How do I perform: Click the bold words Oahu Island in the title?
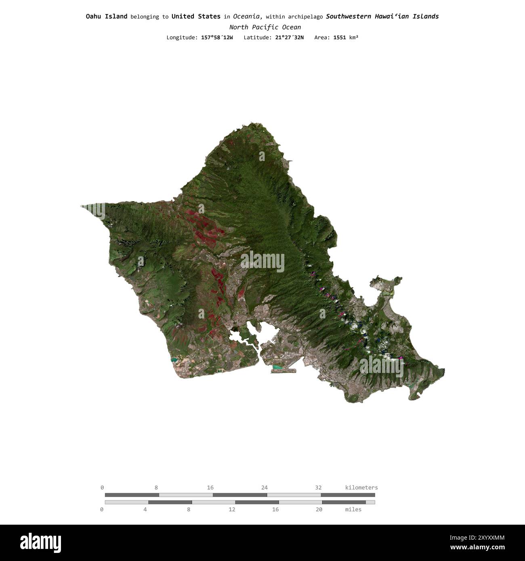(x=106, y=17)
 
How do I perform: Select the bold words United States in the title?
(x=196, y=17)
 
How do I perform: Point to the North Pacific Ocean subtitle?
(x=265, y=27)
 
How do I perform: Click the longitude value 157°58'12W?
(x=217, y=38)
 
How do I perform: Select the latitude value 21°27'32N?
(x=289, y=38)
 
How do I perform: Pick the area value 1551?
(x=339, y=38)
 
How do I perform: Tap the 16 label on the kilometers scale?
(x=210, y=488)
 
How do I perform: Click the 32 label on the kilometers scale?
(x=318, y=488)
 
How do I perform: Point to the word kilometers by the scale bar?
(x=361, y=488)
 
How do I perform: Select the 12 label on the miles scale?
(x=232, y=509)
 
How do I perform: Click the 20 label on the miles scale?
(x=319, y=509)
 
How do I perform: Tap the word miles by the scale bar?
(x=353, y=509)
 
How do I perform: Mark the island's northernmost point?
(x=251, y=122)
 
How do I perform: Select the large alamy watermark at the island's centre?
(x=262, y=262)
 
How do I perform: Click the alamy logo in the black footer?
(x=40, y=543)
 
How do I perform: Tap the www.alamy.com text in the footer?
(x=477, y=548)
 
